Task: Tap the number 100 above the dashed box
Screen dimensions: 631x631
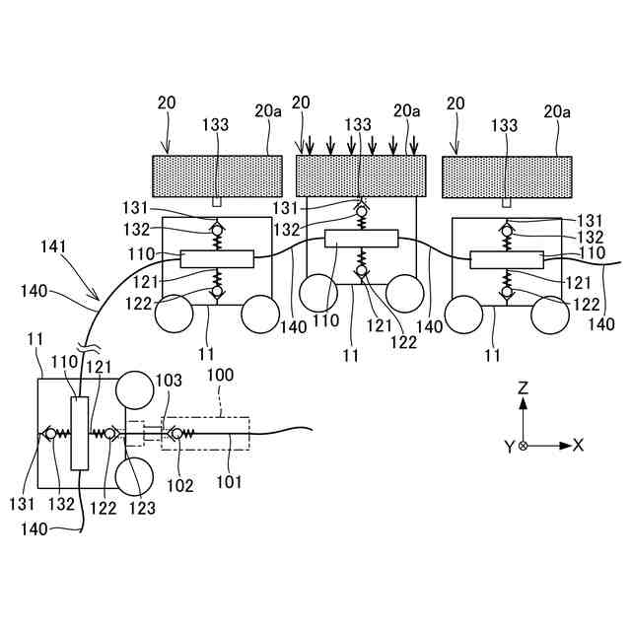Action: [x=221, y=377]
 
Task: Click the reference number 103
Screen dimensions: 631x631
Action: [x=171, y=380]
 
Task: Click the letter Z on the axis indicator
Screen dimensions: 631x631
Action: [x=524, y=389]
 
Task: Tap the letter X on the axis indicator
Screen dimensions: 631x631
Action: [x=579, y=446]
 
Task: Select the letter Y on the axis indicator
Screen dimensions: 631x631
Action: [x=509, y=447]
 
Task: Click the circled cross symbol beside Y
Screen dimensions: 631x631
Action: [x=524, y=446]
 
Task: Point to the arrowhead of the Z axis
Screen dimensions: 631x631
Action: [x=524, y=401]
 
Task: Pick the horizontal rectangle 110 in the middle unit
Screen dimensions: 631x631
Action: [x=361, y=238]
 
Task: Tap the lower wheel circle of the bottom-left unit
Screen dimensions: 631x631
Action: [x=135, y=477]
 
